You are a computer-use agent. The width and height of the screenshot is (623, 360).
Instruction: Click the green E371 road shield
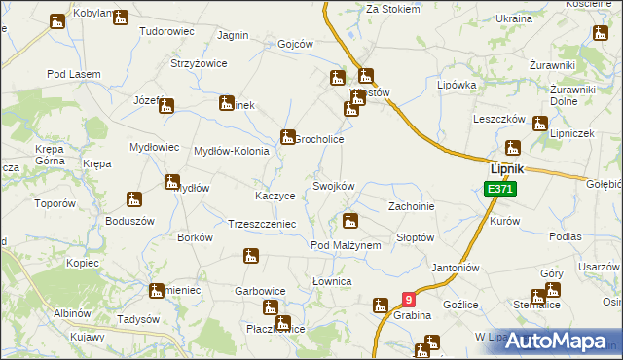tap(498, 188)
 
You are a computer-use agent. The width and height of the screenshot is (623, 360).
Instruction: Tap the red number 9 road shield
tap(408, 302)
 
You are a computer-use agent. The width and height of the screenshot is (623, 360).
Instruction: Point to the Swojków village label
tap(333, 186)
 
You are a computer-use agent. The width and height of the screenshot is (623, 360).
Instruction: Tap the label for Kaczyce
tap(275, 196)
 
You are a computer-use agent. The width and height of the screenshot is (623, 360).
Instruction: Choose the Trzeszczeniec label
tap(260, 223)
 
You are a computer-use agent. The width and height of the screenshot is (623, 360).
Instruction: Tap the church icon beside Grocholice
tap(288, 138)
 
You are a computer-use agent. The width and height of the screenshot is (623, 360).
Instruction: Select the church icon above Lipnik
tap(513, 149)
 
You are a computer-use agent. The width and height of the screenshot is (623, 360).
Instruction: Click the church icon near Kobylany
tap(120, 18)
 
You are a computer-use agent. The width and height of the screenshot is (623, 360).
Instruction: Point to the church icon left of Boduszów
tap(135, 200)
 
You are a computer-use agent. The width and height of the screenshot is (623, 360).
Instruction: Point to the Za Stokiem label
tap(393, 9)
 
